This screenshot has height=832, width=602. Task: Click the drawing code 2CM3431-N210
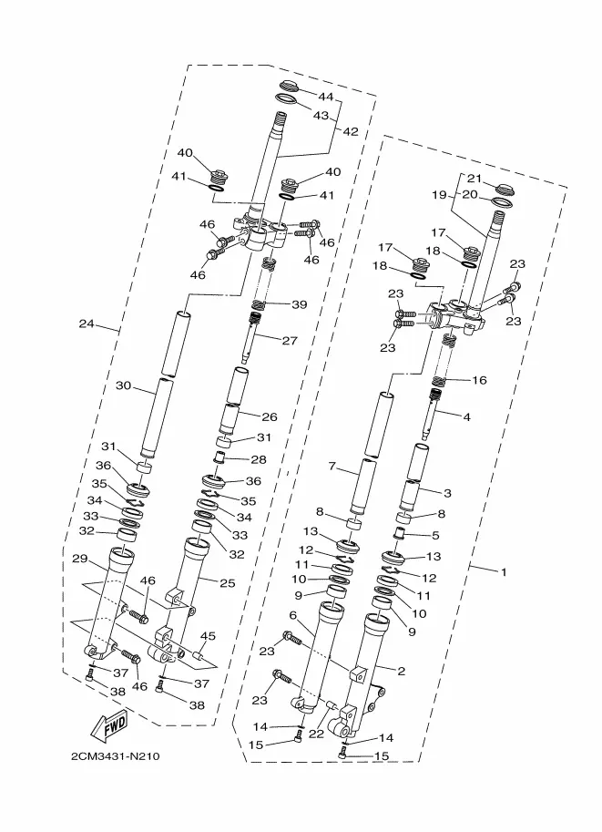coord(114,757)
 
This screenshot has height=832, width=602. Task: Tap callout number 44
coord(325,97)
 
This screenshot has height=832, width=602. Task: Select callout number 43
coord(321,116)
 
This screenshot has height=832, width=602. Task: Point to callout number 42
coord(351,131)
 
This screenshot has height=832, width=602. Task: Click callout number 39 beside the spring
coord(300,304)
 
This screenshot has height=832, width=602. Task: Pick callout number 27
coord(290,341)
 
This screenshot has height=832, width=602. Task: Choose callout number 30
coord(123,385)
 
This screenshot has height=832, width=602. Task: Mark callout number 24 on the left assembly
coord(87,324)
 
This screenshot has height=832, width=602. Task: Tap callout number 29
coord(79,560)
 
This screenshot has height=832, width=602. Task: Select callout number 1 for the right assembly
coord(502,571)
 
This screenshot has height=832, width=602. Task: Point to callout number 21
coord(474,179)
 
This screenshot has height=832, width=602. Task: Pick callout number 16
coord(479,379)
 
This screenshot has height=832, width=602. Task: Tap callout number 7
coord(333,468)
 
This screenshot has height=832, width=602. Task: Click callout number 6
coord(293,616)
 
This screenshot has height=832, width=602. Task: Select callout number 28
coord(258,459)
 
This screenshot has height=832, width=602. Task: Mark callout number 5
coord(435,536)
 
